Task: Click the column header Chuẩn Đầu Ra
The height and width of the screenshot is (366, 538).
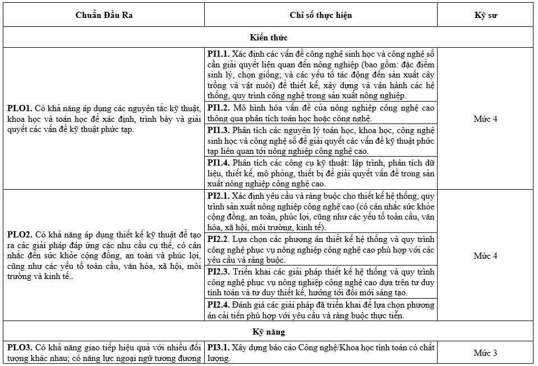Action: tap(104, 15)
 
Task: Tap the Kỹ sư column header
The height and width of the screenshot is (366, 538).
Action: tap(485, 15)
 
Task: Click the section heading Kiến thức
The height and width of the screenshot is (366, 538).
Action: tap(269, 38)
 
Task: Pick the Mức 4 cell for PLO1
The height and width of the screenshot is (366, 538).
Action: tap(485, 119)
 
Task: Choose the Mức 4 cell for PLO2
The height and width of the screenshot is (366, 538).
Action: tap(485, 256)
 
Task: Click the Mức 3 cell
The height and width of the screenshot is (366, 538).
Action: tap(485, 353)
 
